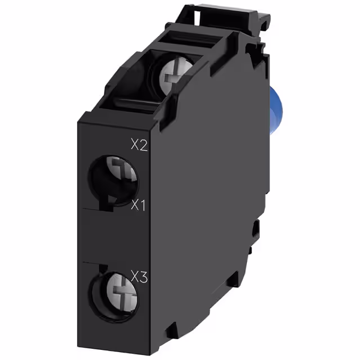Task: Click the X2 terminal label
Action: (139, 145)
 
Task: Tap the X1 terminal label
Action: (138, 205)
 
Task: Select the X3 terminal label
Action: (139, 276)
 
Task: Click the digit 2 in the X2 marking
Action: (143, 145)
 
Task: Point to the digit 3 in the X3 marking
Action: (143, 276)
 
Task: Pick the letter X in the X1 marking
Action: (135, 205)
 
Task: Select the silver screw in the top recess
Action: (175, 74)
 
